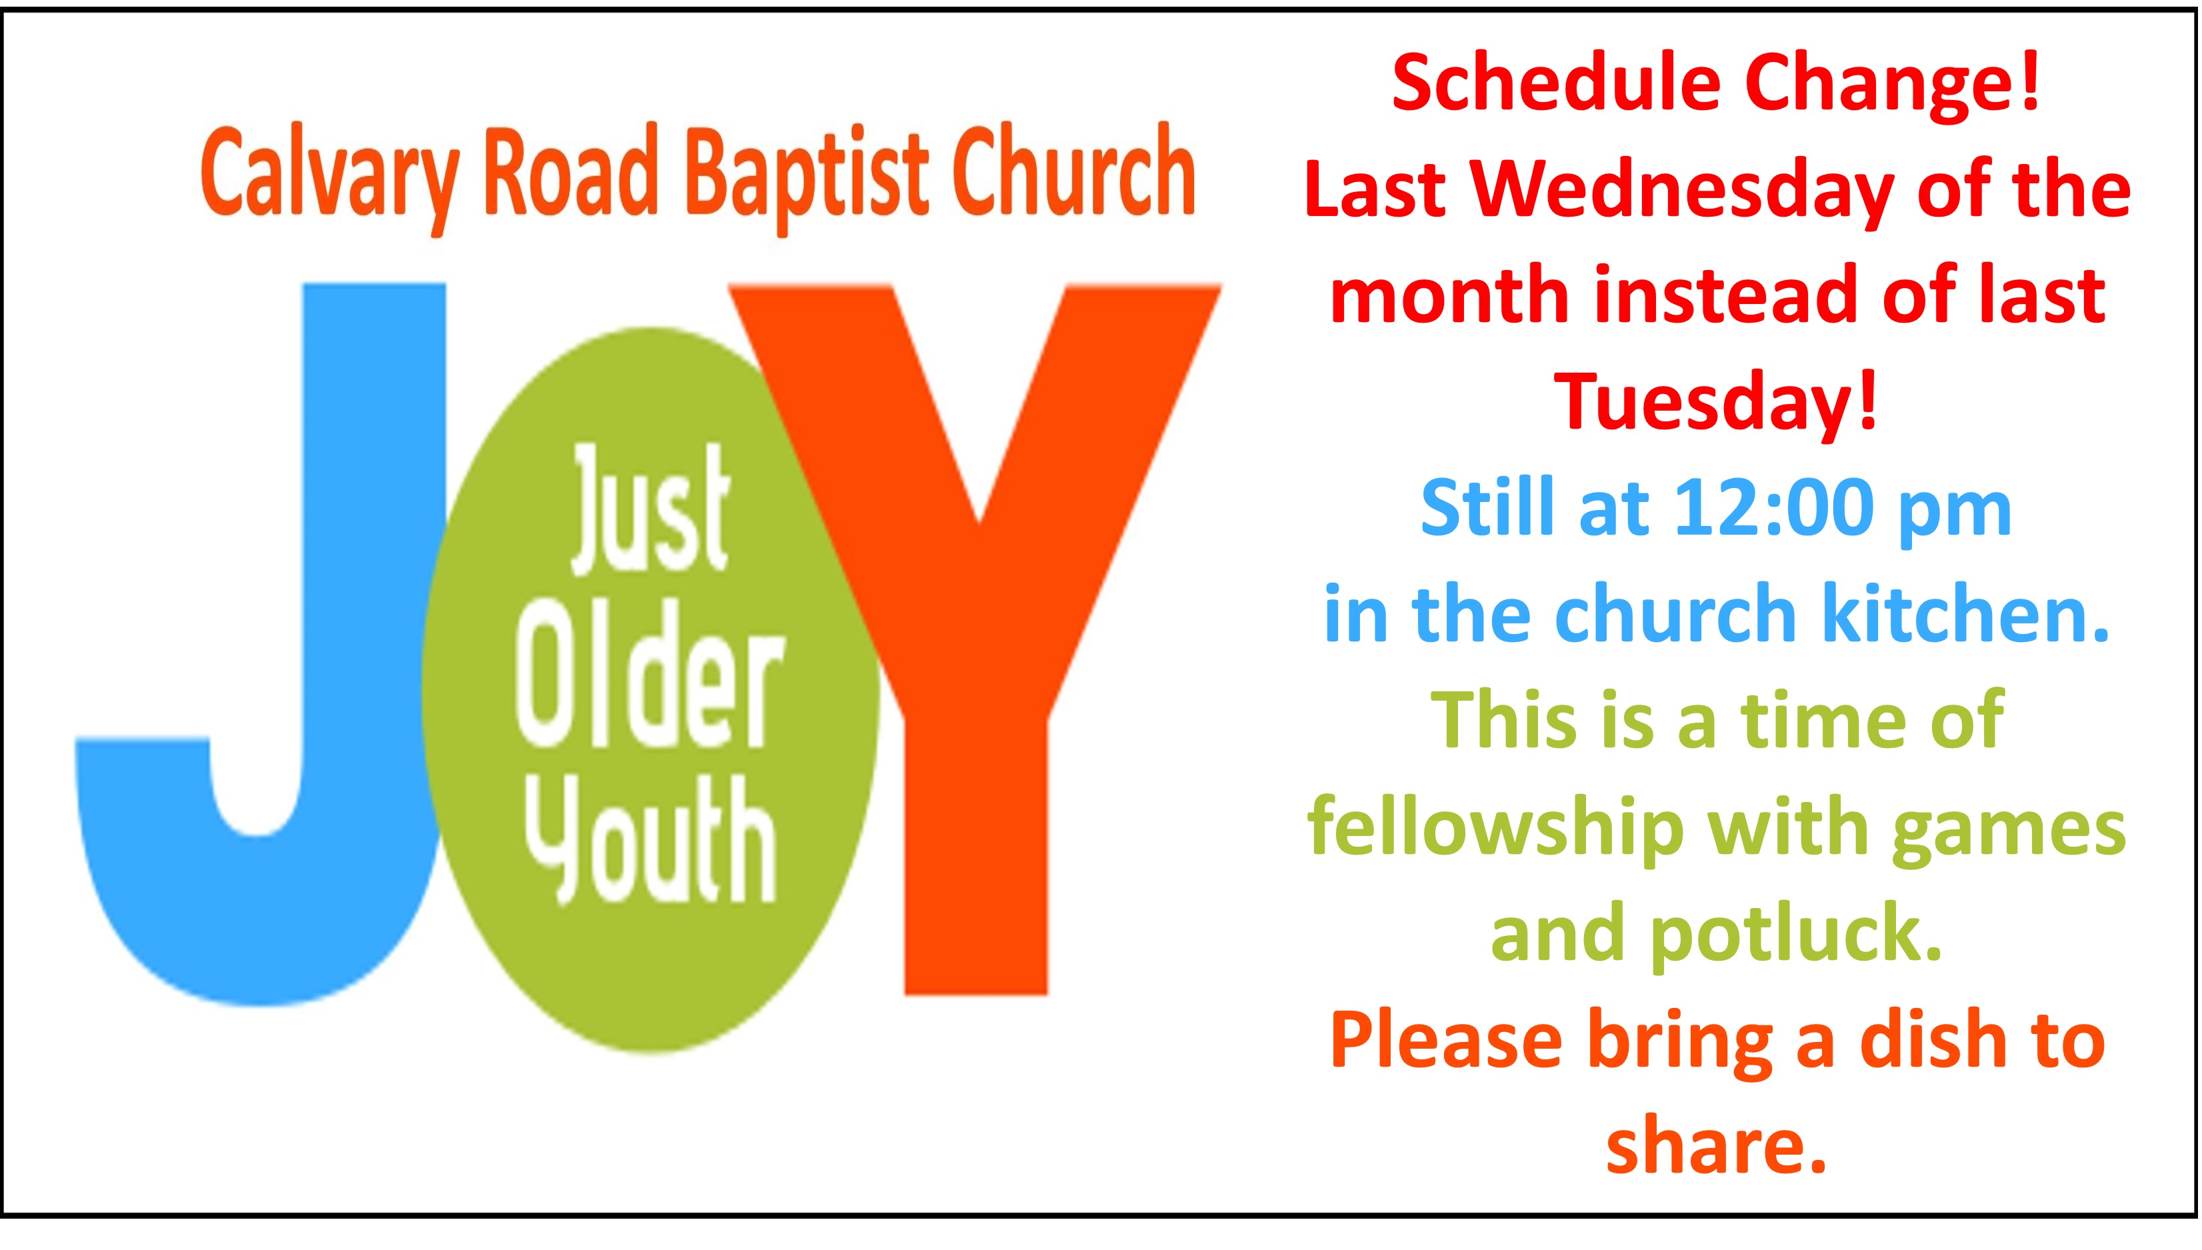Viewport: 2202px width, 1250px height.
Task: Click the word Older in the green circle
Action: (650, 674)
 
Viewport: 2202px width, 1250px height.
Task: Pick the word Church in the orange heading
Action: (1073, 172)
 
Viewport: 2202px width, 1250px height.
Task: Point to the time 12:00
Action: (1772, 509)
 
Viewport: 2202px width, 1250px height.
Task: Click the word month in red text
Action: (1450, 295)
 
